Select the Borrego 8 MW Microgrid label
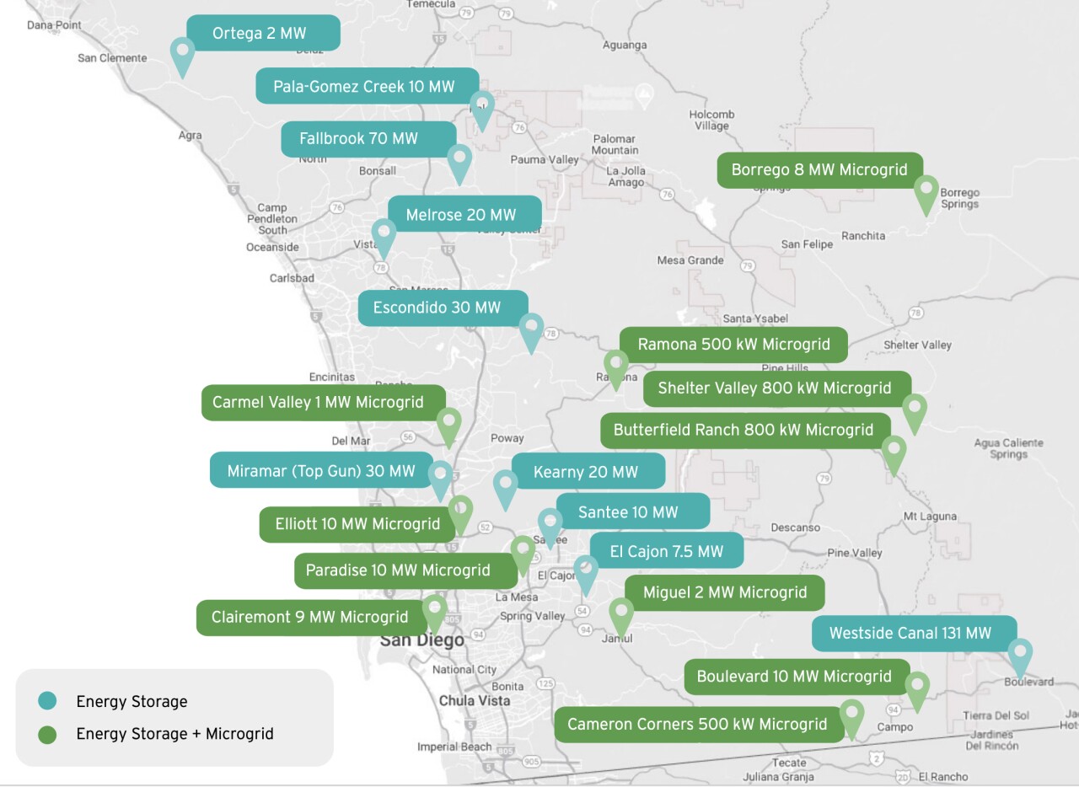[819, 170]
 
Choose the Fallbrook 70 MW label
[368, 139]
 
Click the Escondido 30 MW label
[443, 308]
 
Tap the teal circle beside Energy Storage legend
[47, 701]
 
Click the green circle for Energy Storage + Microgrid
[47, 734]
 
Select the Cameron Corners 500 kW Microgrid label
[698, 725]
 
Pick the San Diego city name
[421, 640]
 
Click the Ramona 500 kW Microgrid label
[733, 345]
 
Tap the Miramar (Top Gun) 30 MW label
[320, 471]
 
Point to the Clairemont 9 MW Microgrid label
[310, 617]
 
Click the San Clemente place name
[112, 58]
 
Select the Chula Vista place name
[475, 701]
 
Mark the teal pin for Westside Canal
[1020, 655]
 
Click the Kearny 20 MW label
[588, 472]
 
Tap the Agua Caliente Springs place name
[1008, 448]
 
